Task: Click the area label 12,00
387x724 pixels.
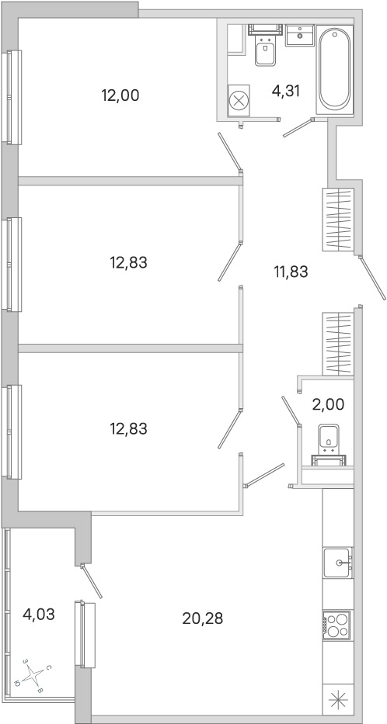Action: (x=120, y=95)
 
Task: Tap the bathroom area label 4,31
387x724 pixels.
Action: (x=286, y=91)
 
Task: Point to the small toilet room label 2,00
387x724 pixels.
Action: (x=328, y=404)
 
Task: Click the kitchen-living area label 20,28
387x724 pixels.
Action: (x=203, y=618)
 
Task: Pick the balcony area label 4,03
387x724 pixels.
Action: (x=39, y=615)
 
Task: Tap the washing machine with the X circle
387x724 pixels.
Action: (x=239, y=101)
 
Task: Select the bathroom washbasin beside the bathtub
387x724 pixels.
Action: (x=300, y=35)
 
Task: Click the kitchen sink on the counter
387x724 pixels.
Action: (x=338, y=562)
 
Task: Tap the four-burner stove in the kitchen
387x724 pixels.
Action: (x=337, y=625)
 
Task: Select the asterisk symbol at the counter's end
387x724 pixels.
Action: (x=337, y=703)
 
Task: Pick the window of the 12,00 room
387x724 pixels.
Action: (x=12, y=97)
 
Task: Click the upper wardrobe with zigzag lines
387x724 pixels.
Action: (x=338, y=220)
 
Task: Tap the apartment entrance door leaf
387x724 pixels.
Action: (x=372, y=279)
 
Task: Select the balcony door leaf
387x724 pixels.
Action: (x=92, y=581)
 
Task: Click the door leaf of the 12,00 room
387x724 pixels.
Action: (x=230, y=152)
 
